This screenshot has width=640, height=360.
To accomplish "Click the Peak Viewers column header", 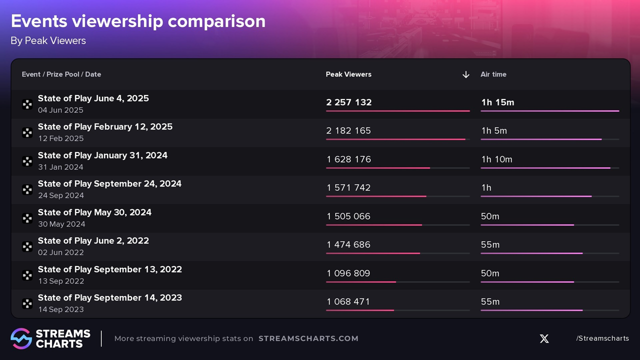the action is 348,74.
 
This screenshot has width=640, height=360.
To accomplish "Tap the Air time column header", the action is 493,74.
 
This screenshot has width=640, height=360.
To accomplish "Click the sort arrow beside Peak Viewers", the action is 465,74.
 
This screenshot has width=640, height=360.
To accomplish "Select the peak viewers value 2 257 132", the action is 349,102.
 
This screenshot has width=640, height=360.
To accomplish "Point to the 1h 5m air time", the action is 494,131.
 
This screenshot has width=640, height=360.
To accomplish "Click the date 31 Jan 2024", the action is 60,167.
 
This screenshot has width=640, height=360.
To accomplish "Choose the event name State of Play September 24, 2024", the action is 109,183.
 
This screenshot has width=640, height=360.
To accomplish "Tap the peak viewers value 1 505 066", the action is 348,216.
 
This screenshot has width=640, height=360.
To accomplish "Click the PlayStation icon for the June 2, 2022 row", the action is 27,246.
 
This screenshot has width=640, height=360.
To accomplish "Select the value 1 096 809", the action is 348,273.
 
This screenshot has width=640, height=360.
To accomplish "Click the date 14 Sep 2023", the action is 61,309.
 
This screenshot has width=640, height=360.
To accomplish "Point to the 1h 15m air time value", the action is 497,102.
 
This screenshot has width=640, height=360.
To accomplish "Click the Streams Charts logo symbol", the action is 21,338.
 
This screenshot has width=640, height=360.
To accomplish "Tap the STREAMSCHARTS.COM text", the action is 308,338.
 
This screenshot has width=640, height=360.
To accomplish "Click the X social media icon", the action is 544,338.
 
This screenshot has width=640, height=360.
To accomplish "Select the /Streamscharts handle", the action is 602,338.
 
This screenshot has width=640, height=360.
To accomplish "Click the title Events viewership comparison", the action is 138,21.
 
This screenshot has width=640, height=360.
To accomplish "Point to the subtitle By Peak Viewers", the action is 48,41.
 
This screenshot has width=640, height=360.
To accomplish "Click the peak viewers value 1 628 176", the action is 348,159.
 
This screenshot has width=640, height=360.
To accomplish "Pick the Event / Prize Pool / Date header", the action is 61,74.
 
